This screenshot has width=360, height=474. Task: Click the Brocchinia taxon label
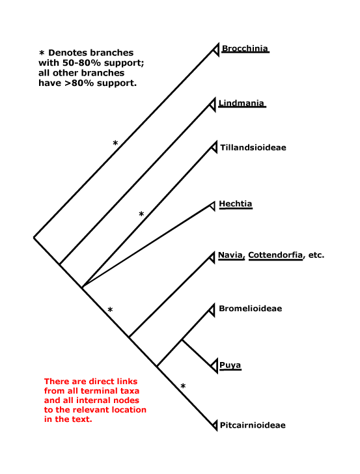[x=245, y=49]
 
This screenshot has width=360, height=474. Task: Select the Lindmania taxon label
[x=242, y=104]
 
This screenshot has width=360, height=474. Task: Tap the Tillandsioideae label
[x=253, y=148]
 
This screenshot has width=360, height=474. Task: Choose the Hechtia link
[x=236, y=204]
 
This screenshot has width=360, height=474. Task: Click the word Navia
[x=230, y=255]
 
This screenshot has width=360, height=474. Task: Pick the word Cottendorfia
[x=275, y=255]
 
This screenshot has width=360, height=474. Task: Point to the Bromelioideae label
[x=250, y=309]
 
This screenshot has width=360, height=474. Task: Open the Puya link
[x=230, y=365]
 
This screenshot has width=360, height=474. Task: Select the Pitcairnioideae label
[x=253, y=425]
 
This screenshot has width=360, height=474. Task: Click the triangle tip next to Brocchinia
[x=215, y=49]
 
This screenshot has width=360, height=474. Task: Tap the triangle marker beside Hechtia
[x=212, y=206]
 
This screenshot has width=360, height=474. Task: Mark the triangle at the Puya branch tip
[x=214, y=366]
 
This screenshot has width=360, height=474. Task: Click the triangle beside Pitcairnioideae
[x=215, y=425]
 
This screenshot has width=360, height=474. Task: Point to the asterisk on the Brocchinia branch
[x=115, y=143]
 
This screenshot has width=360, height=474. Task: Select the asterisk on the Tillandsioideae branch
[x=141, y=214]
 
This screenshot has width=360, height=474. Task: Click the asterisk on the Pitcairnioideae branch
[x=183, y=386]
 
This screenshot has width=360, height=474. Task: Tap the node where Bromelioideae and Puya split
[x=182, y=340]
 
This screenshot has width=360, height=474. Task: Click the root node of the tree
[x=34, y=238]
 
